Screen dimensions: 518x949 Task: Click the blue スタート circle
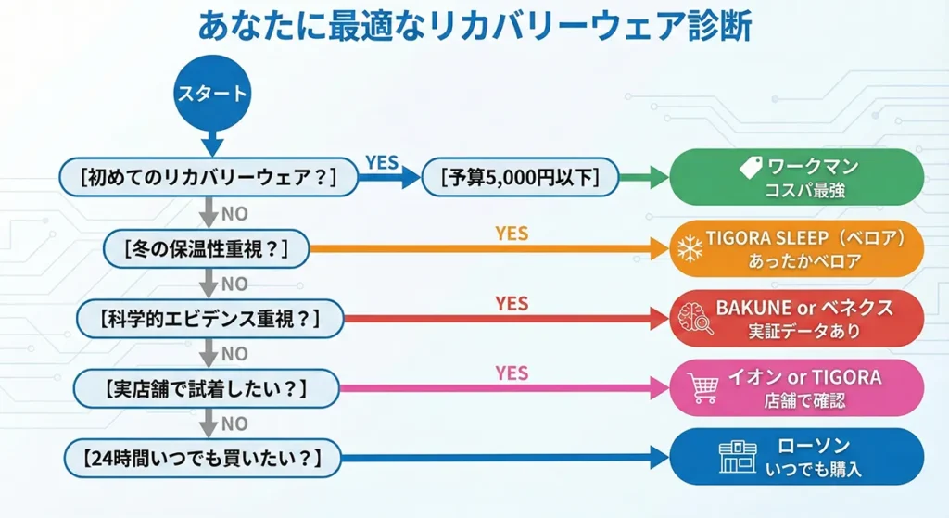[212, 93]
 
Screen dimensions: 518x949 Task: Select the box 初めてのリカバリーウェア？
[208, 176]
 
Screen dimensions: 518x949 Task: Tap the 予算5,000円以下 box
[519, 176]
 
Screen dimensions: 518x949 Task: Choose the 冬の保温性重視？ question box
[205, 247]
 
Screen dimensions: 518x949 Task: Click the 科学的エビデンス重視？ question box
[209, 318]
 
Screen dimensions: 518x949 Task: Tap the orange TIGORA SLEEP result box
[796, 248]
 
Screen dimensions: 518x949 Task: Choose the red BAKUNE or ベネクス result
[796, 318]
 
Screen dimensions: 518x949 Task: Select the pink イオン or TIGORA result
[796, 387]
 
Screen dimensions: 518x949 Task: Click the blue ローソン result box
[796, 457]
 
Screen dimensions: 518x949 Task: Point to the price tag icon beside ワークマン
[751, 168]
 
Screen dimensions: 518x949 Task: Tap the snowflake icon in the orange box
[688, 248]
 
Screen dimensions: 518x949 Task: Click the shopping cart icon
[701, 387]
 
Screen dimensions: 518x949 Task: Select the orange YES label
[512, 233]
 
